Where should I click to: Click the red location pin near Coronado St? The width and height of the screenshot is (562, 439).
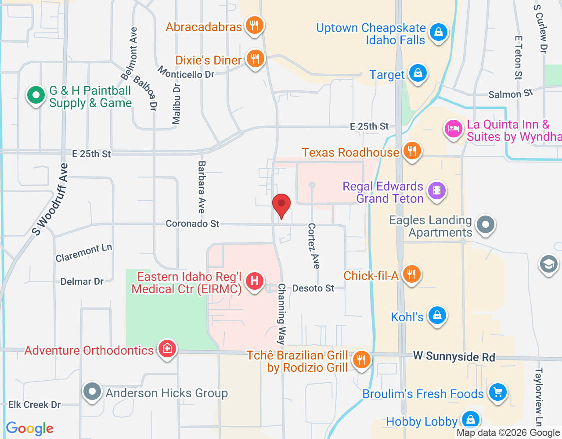[281, 205]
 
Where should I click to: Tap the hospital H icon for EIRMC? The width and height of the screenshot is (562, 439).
[255, 281]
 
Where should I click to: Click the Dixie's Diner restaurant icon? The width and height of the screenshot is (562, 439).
[255, 58]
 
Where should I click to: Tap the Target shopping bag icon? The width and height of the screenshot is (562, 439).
[418, 73]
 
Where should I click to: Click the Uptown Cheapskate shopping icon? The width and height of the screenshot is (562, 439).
[438, 32]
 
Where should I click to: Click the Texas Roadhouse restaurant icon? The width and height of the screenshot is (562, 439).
[411, 151]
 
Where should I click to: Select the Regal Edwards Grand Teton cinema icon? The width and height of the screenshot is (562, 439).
[437, 191]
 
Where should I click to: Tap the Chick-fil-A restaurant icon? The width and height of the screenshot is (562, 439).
[411, 274]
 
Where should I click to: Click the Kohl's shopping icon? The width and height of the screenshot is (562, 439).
[437, 316]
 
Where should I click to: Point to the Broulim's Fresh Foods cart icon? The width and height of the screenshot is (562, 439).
[497, 392]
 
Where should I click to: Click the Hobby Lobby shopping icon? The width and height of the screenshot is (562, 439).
[470, 419]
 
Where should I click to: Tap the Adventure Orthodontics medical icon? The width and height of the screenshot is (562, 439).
[167, 349]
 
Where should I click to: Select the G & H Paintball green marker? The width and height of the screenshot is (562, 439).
[36, 95]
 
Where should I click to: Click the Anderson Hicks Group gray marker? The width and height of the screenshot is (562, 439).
[92, 391]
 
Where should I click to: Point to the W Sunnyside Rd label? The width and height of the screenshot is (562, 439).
[454, 356]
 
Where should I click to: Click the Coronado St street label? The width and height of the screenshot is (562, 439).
[192, 223]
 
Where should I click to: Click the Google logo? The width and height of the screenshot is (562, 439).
[30, 428]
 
